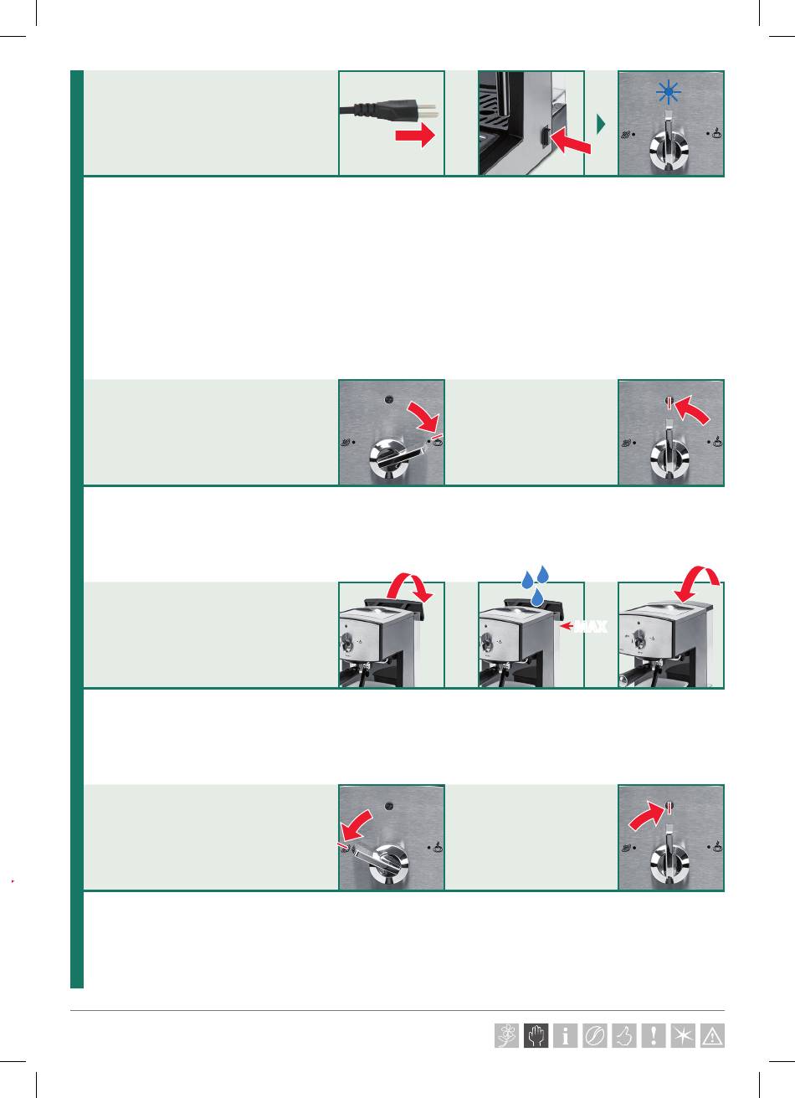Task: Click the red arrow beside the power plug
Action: (x=415, y=134)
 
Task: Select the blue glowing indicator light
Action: (x=669, y=92)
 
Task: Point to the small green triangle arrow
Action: (x=601, y=124)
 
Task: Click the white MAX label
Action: (x=592, y=627)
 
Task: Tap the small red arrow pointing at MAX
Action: (x=567, y=626)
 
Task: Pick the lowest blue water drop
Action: (x=538, y=597)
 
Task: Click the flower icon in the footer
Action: (x=506, y=1035)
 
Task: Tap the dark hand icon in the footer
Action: (x=536, y=1035)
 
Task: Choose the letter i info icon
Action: (x=565, y=1035)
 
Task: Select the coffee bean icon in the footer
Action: (x=594, y=1035)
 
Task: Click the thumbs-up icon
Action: (x=624, y=1035)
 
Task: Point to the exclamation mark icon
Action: (x=654, y=1035)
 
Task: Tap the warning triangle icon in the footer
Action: (x=712, y=1035)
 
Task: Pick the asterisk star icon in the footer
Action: (x=683, y=1035)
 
